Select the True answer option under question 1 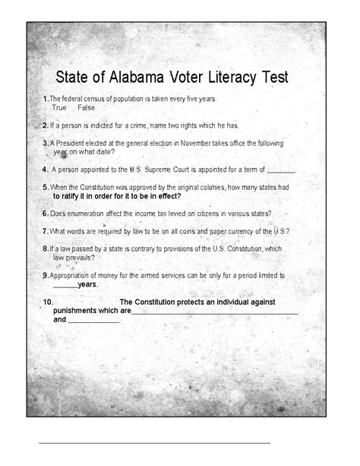pyautogui.click(x=59, y=109)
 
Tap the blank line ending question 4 pyautogui.click(x=281, y=170)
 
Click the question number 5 pyautogui.click(x=46, y=186)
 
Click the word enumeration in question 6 pyautogui.click(x=87, y=214)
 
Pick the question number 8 pyautogui.click(x=46, y=248)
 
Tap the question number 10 pyautogui.click(x=48, y=302)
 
